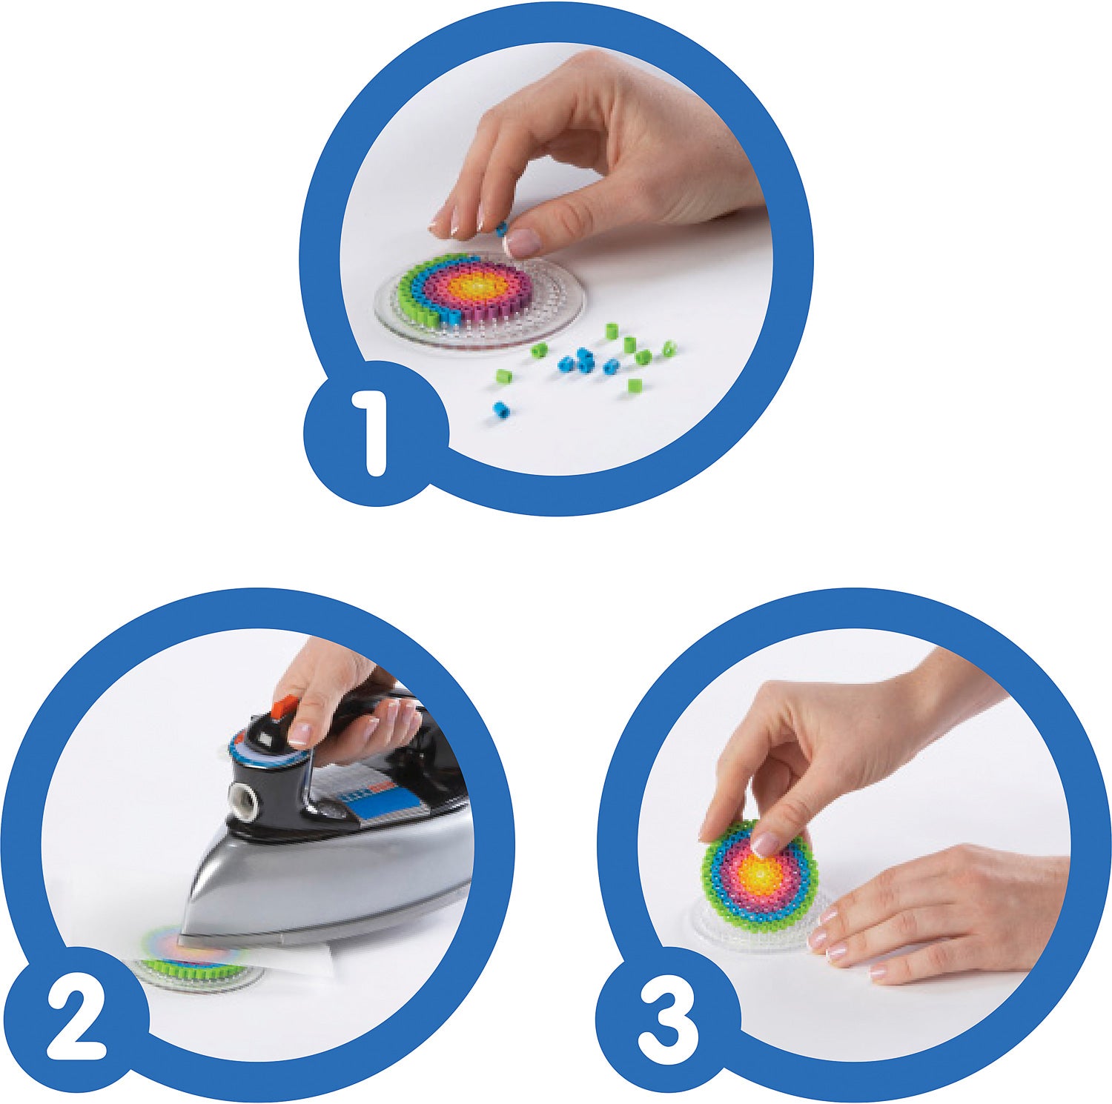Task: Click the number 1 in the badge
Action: pyautogui.click(x=374, y=433)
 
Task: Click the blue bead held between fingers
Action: pyautogui.click(x=502, y=225)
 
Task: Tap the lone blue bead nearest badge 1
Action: pyautogui.click(x=501, y=409)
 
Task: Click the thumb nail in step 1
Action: pyautogui.click(x=523, y=242)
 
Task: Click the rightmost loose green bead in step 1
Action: pyautogui.click(x=668, y=347)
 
